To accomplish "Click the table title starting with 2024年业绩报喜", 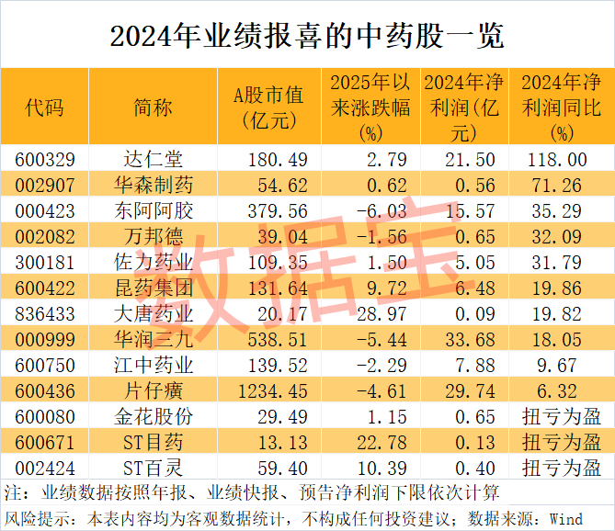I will pyautogui.click(x=307, y=34).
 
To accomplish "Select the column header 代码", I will pyautogui.click(x=44, y=107).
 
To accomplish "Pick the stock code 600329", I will pyautogui.click(x=44, y=160).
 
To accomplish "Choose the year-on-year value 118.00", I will pyautogui.click(x=560, y=160).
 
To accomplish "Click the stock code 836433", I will pyautogui.click(x=44, y=314).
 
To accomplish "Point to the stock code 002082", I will pyautogui.click(x=44, y=237).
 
